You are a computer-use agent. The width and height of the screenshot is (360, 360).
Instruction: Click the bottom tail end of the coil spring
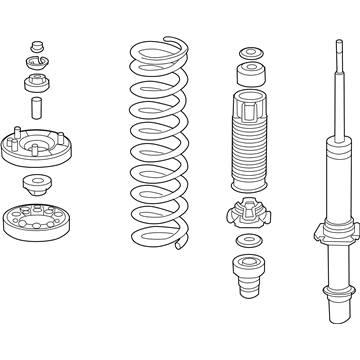point(180,240)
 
